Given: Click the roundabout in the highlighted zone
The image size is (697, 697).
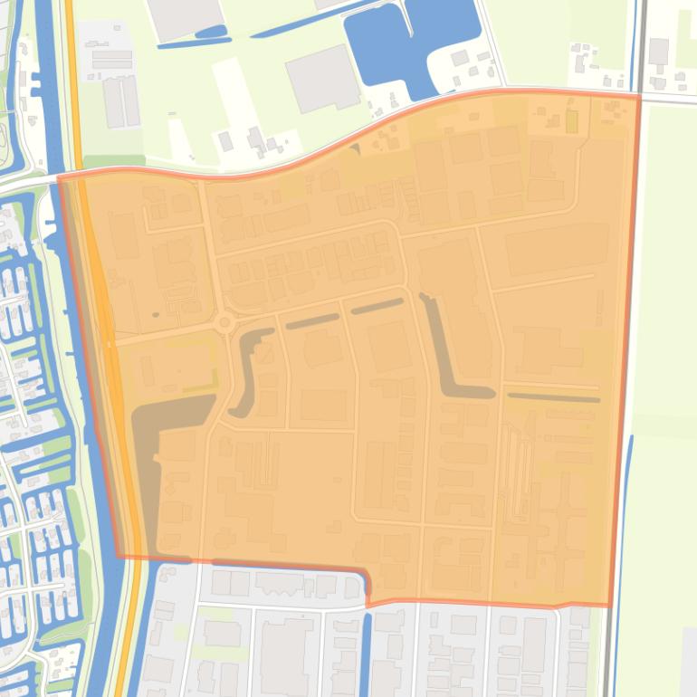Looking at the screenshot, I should (224, 321).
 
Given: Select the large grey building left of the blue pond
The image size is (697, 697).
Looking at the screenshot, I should (320, 78).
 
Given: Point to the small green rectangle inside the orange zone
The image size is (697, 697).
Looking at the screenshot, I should (571, 121).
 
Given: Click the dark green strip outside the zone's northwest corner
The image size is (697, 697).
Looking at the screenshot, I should (113, 161).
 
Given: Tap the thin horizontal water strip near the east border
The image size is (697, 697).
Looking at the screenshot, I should (553, 396).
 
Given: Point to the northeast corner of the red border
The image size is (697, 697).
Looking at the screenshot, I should (639, 94).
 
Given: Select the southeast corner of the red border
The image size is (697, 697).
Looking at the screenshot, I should (608, 605).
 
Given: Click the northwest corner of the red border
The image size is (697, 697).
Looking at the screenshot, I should (59, 177).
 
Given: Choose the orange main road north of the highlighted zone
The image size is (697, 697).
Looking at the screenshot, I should (72, 72).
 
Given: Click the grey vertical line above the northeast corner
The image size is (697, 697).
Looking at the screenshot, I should (642, 45).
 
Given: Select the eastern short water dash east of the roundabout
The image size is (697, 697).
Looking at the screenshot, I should (377, 306).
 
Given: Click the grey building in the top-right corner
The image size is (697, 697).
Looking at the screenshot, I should (658, 51).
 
